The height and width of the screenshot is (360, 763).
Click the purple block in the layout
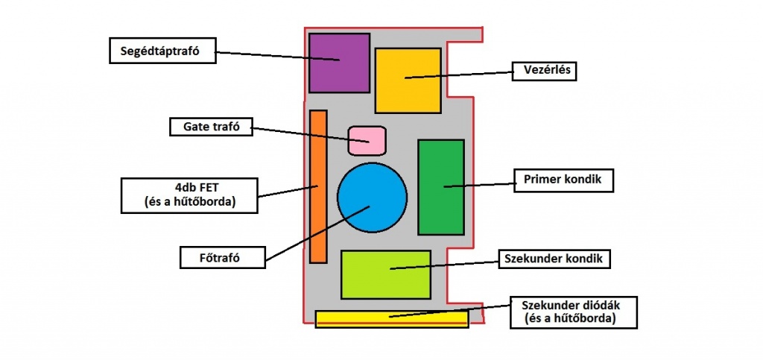(339, 63)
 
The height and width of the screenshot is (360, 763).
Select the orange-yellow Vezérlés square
(407, 80)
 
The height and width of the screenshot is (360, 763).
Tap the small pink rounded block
(367, 140)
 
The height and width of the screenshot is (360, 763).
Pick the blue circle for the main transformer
(372, 197)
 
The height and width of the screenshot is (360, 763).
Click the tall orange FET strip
(318, 186)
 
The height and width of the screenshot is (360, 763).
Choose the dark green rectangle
(440, 186)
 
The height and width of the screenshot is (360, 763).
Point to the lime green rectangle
(385, 274)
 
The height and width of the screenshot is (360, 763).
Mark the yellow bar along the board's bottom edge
(391, 318)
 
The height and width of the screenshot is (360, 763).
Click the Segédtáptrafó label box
(162, 51)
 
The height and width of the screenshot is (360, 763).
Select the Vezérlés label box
(545, 71)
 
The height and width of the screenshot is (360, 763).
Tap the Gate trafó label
(211, 127)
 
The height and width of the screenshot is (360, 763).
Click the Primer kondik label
(563, 180)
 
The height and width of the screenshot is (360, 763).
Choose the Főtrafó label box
(223, 258)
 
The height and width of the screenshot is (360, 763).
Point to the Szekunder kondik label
(552, 259)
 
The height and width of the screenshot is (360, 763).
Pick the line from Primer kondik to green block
(481, 183)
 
